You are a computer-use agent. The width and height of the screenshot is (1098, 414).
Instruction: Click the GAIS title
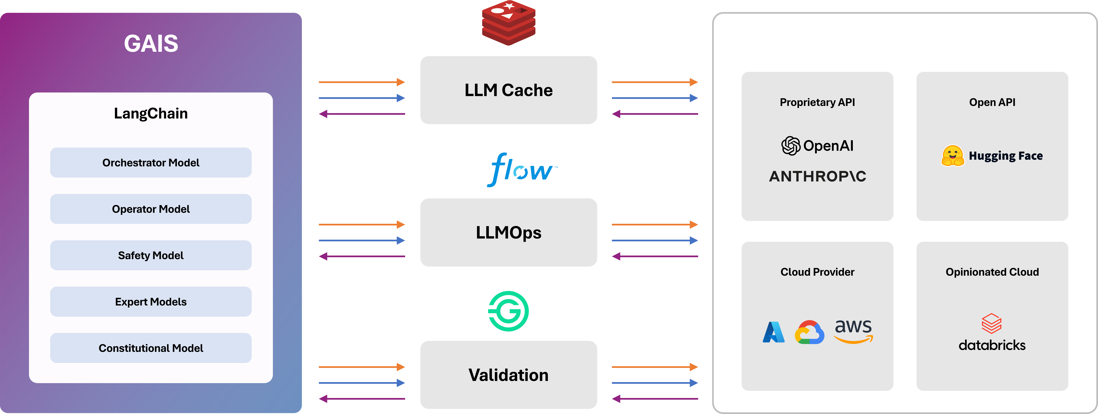tap(151, 43)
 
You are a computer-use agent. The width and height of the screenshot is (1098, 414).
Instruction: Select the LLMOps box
tap(508, 233)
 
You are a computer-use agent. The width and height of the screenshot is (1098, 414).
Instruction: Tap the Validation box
tap(508, 375)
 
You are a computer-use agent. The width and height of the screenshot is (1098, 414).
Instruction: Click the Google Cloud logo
tap(809, 332)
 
